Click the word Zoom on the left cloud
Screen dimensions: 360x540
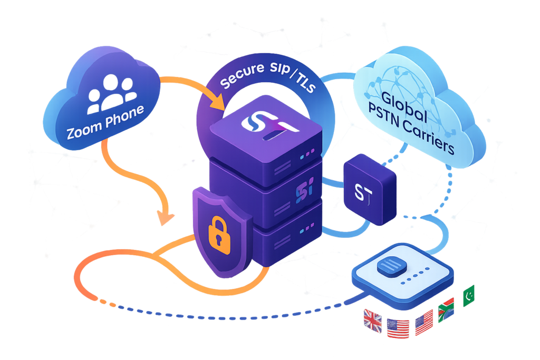coord(83,131)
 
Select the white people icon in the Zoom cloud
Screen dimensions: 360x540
coord(111,91)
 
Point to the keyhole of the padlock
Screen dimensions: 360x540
coord(219,236)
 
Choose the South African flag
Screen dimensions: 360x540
coord(446,312)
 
